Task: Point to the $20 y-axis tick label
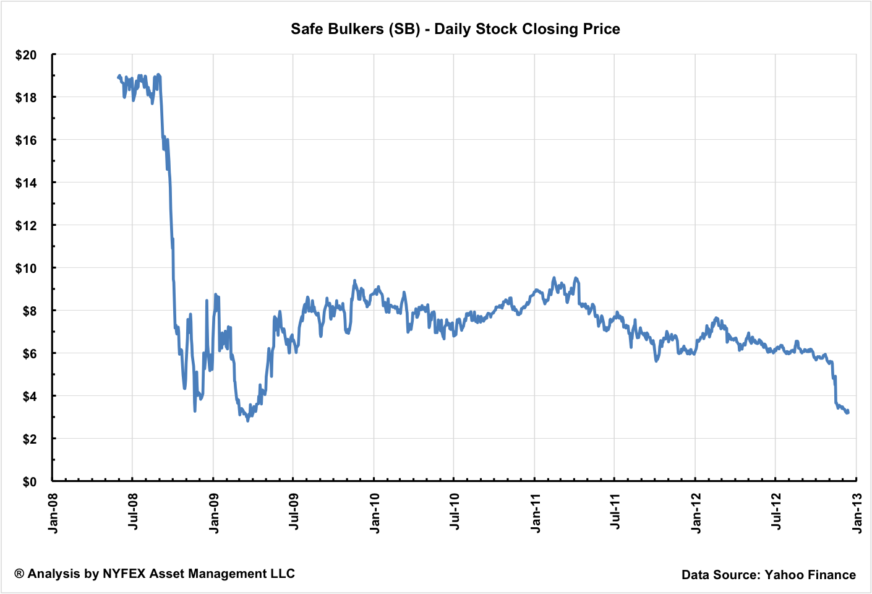26,55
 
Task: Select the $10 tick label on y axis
26,268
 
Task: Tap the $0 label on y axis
30,481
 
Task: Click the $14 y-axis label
26,183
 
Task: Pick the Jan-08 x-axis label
53,513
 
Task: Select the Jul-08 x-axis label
133,513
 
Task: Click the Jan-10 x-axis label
374,513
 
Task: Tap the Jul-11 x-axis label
615,513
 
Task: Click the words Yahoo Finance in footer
810,575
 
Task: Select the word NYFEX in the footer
124,574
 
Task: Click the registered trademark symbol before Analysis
19,574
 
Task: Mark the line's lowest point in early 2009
248,421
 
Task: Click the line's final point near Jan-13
848,412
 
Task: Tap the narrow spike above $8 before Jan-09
207,301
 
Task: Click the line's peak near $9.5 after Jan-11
554,278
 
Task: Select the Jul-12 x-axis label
776,513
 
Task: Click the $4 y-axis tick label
30,396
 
